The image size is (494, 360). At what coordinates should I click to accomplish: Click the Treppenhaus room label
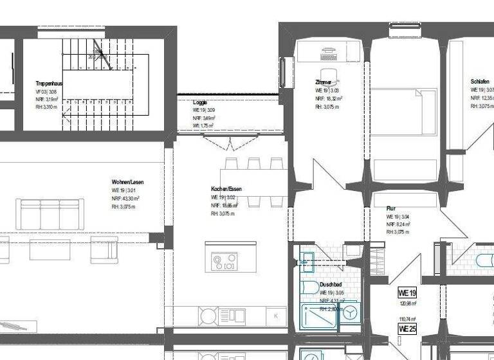(49, 84)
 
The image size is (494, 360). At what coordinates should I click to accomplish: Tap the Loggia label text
(200, 102)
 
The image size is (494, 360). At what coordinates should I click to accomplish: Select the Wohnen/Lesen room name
(127, 183)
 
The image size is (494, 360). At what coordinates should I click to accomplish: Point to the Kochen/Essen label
(226, 189)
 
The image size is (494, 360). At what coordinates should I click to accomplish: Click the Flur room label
(391, 209)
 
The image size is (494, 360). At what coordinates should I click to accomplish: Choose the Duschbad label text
(331, 284)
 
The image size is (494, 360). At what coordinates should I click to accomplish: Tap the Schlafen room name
(480, 82)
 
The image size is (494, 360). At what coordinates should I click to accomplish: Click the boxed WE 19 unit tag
(408, 292)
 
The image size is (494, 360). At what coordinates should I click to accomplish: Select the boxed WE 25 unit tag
(408, 329)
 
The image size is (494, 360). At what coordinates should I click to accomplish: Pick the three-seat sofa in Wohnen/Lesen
(50, 214)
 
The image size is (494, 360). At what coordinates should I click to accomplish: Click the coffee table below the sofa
(50, 248)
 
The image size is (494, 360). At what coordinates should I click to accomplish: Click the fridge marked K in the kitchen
(276, 316)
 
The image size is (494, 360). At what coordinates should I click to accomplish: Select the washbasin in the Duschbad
(307, 260)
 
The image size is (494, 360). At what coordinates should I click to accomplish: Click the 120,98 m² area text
(407, 303)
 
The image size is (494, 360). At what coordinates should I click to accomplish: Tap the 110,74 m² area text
(407, 319)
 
